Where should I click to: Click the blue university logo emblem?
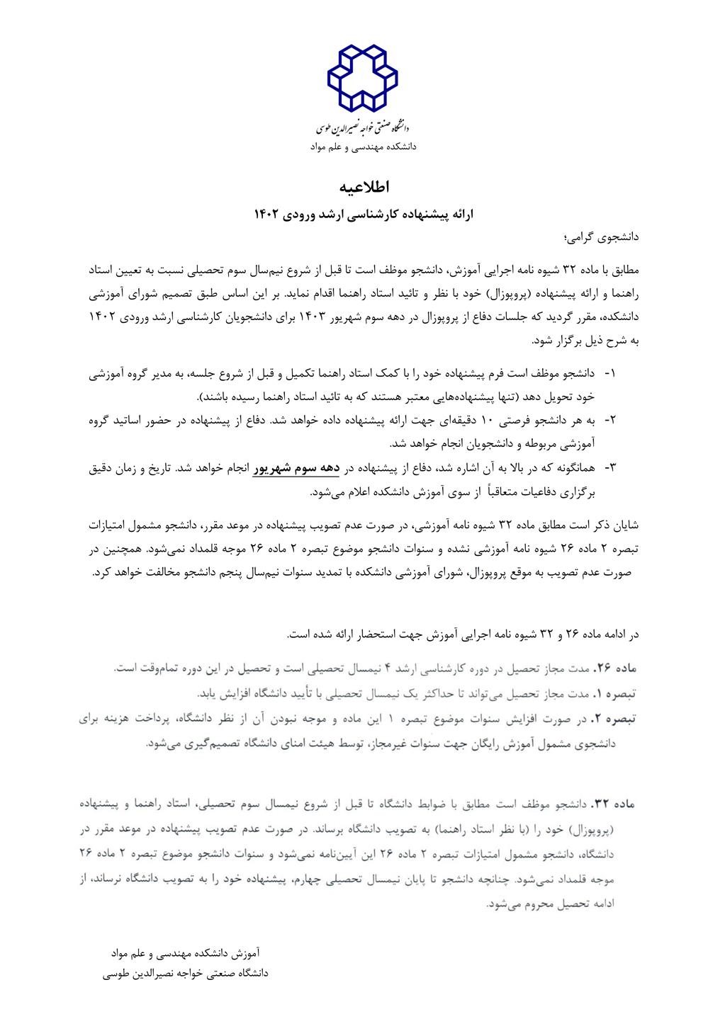(362, 77)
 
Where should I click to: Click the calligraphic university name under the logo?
(362, 128)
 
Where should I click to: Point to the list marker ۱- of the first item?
(609, 372)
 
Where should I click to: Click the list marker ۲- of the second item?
(609, 420)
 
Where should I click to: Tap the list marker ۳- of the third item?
(609, 468)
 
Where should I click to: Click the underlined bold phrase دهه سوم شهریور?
(295, 468)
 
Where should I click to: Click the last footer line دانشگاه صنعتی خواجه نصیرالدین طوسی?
(186, 974)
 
